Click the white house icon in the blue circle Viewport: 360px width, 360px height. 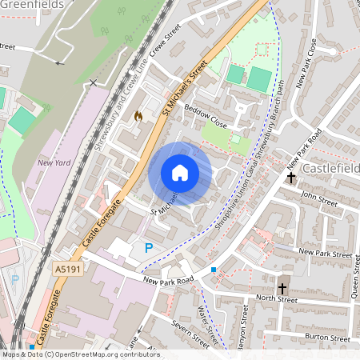[x=180, y=173]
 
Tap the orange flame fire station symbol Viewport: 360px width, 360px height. [x=139, y=117]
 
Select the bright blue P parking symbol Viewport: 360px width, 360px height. [x=149, y=249]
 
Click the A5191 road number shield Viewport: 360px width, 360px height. [x=69, y=271]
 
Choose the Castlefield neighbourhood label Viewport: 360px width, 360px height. [x=330, y=169]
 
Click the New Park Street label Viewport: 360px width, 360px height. [x=325, y=253]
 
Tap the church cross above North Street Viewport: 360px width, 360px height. [x=282, y=287]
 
